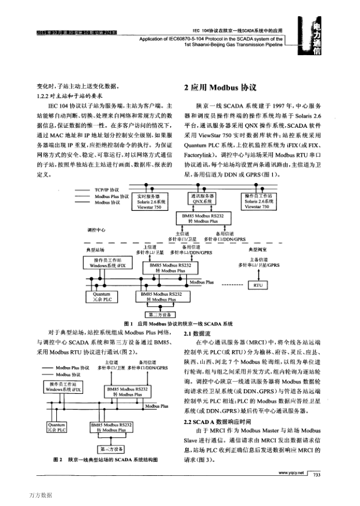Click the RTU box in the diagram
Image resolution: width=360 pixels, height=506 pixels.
click(257, 285)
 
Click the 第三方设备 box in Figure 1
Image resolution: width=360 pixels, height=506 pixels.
click(163, 314)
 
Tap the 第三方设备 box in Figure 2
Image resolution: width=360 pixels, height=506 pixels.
click(111, 450)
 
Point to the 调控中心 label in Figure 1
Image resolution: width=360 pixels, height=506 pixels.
click(97, 229)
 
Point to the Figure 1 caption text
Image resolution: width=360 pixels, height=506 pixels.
click(178, 323)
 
